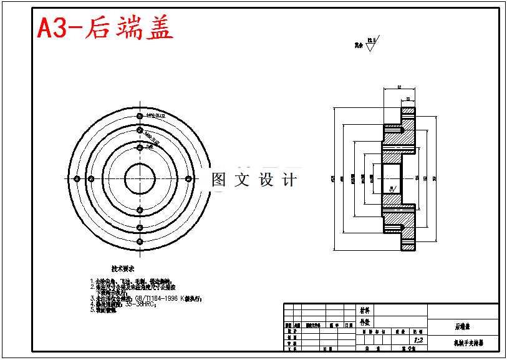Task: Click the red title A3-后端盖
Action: click(x=105, y=28)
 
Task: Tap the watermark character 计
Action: click(x=289, y=180)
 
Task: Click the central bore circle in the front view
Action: click(x=140, y=180)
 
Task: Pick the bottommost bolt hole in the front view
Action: click(x=140, y=241)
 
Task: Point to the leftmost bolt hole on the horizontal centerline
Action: click(x=77, y=180)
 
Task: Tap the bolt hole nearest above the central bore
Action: click(x=140, y=148)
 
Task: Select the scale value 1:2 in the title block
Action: click(x=418, y=340)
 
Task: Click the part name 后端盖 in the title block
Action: click(x=462, y=326)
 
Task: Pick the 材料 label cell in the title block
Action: click(x=365, y=309)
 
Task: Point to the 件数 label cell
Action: click(x=365, y=322)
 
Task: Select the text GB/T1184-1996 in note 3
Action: click(x=156, y=299)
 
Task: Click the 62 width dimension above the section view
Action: click(x=398, y=87)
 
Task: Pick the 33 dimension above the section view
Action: click(x=408, y=99)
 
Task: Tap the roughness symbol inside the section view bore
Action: click(x=392, y=187)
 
